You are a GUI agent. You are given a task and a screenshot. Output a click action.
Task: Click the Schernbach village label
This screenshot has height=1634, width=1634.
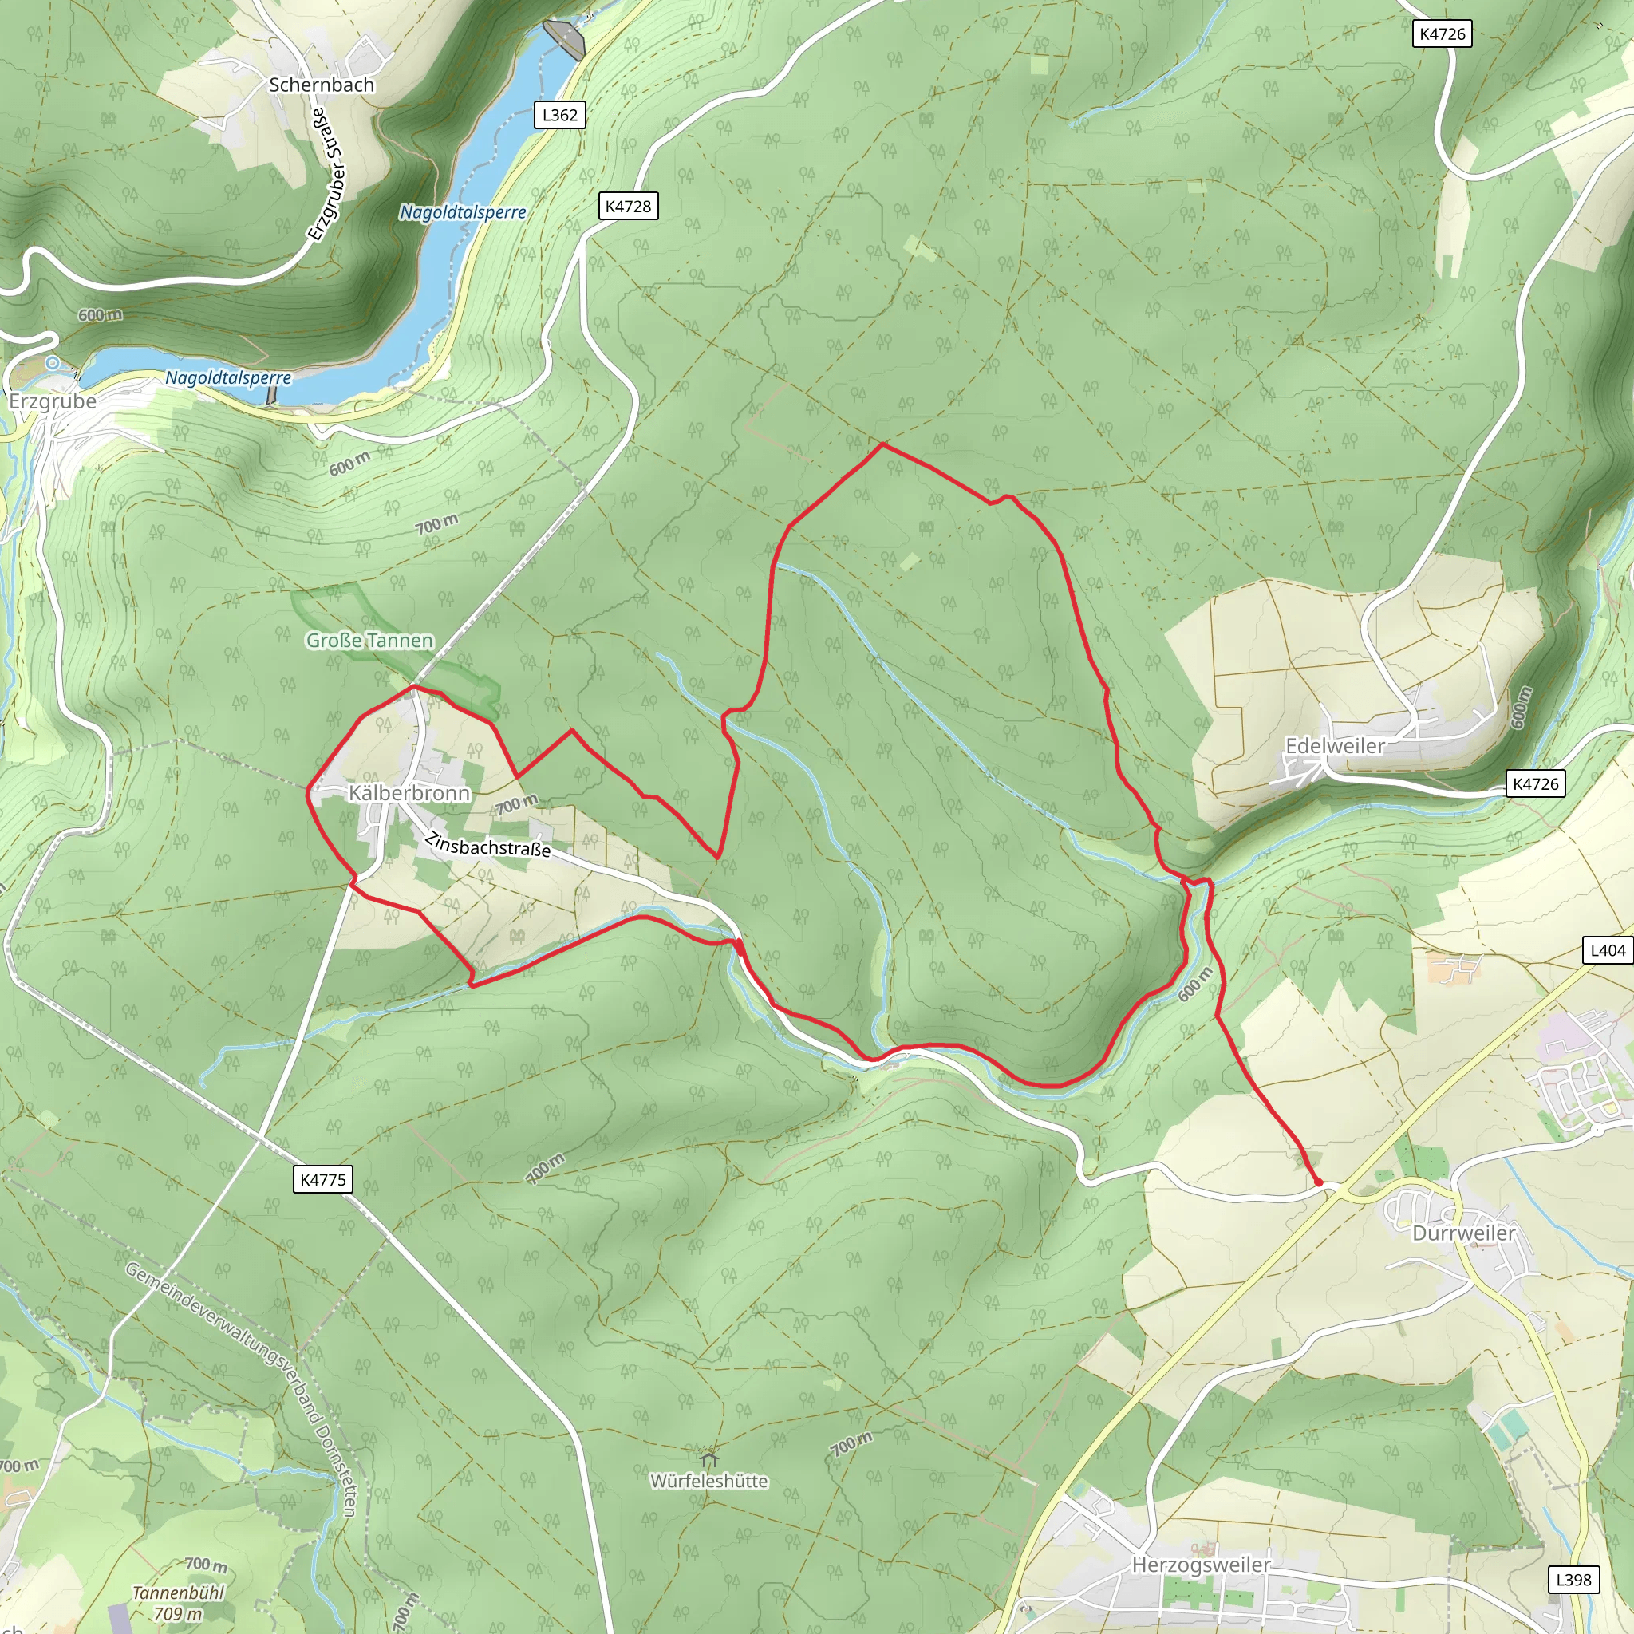pos(322,85)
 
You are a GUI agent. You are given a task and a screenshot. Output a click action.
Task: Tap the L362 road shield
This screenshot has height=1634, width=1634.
pos(560,115)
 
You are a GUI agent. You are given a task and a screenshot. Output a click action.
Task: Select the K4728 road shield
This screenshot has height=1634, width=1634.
pos(629,207)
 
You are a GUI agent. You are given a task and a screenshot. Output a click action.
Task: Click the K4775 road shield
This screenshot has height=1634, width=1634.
pos(323,1179)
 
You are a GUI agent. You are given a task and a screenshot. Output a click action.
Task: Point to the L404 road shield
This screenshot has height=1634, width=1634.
pos(1607,949)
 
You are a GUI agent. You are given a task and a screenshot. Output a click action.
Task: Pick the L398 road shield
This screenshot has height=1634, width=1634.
pos(1573,1579)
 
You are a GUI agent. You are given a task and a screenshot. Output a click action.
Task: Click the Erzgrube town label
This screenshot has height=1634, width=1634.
pos(53,401)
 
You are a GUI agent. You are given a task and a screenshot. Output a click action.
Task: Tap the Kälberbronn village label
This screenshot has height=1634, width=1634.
pos(409,792)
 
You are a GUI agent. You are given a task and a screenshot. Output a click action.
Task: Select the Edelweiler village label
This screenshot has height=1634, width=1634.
pos(1335,746)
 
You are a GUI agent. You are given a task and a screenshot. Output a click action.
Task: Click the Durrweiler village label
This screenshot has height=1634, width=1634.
pos(1463,1233)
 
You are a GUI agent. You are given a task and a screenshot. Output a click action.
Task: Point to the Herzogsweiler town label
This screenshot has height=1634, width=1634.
pos(1201,1565)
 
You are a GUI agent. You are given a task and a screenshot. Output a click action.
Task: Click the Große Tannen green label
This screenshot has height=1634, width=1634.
pos(369,640)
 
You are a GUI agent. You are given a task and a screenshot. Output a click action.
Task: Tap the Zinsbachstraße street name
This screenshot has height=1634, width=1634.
pos(487,845)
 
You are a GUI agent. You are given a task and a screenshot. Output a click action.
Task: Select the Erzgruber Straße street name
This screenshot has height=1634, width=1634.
pos(328,173)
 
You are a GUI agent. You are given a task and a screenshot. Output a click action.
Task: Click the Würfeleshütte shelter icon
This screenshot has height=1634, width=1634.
pos(708,1460)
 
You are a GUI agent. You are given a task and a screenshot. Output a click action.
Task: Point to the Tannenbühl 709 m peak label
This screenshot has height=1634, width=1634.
pos(179,1603)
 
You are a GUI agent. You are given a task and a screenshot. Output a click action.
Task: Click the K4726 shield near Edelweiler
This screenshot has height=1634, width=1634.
pos(1535,783)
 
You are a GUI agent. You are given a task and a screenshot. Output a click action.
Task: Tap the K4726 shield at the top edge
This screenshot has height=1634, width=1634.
pos(1442,34)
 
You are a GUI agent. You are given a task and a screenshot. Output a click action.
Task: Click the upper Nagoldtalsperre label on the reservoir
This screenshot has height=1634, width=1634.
pos(463,212)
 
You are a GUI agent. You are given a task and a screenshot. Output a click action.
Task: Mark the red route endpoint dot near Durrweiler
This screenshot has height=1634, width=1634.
pos(1318,1182)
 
